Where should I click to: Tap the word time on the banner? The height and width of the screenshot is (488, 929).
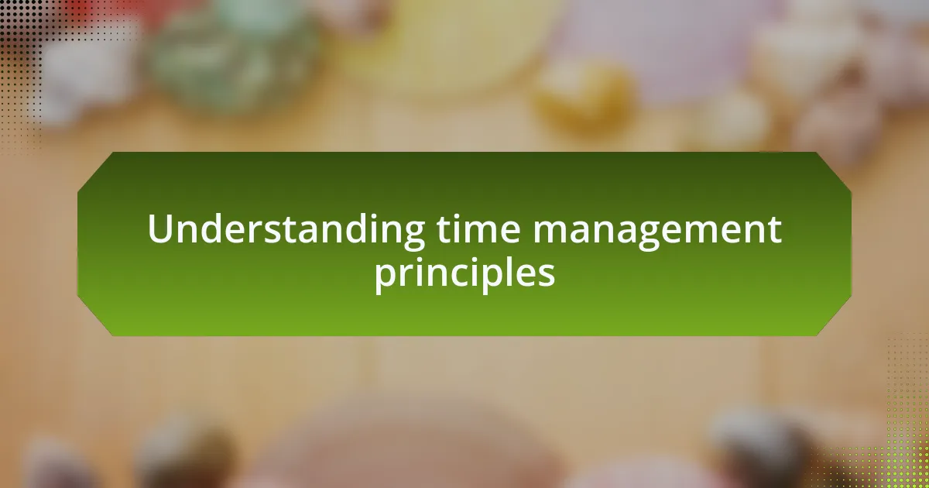478,229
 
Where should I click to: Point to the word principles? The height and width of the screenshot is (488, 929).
465,273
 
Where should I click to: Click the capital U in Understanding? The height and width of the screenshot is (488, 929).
160,229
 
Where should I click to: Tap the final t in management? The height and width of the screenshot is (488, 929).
773,231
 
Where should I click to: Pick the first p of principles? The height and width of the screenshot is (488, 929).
386,277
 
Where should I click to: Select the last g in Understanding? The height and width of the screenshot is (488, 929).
412,235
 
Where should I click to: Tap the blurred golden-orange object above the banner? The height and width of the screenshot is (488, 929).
584,100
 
